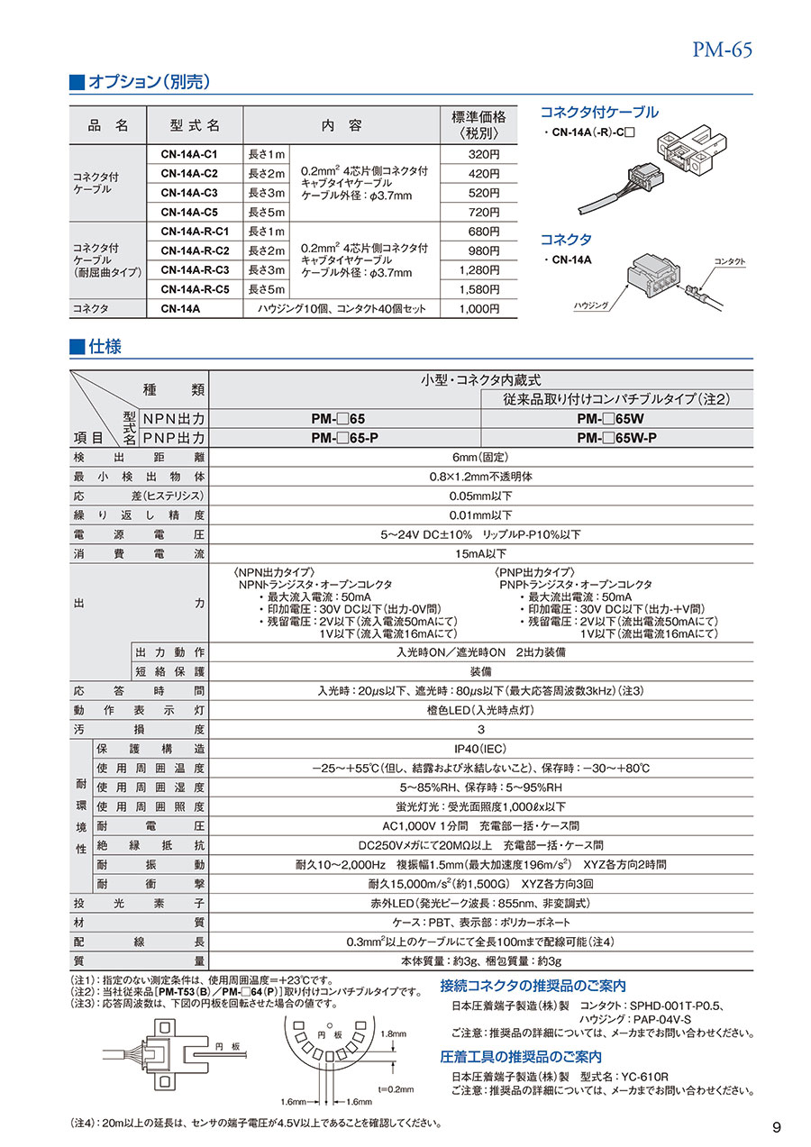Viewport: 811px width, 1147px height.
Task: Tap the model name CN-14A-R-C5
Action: [195, 289]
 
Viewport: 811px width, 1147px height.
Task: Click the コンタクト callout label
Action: [729, 261]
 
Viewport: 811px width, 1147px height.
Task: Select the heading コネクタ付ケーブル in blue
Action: [598, 113]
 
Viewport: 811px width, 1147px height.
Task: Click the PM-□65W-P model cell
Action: [617, 438]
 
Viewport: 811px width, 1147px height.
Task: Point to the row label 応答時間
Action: [139, 690]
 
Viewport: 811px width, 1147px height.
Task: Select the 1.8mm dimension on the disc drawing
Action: [394, 1034]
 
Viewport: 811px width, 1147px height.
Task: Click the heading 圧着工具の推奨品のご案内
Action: [521, 1056]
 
